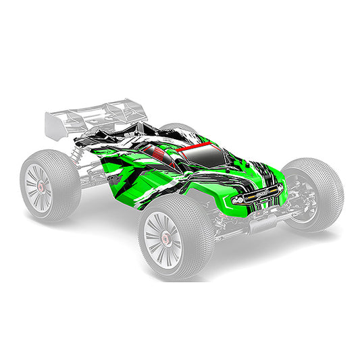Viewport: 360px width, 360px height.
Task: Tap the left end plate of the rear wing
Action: [x=51, y=122]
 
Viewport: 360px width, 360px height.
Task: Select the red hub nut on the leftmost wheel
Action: [x=40, y=186]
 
